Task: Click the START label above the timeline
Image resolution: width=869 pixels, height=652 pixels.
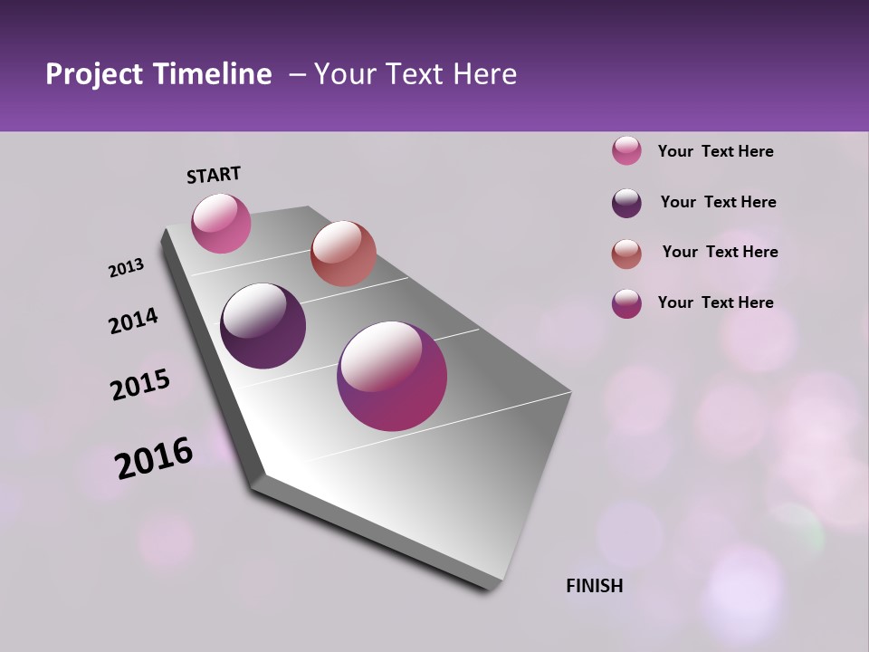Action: (214, 175)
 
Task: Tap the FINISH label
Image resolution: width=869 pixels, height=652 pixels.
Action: (594, 586)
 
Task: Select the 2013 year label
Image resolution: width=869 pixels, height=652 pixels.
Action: (126, 268)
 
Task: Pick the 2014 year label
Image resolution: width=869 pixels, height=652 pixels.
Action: (133, 321)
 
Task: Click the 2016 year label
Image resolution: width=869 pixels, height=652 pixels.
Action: (154, 458)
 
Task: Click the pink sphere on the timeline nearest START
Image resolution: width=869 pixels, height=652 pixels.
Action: (221, 223)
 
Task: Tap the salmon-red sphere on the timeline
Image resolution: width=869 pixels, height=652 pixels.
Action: (343, 254)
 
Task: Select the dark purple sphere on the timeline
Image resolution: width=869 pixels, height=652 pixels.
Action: (263, 326)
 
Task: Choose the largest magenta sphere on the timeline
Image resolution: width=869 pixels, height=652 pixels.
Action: (392, 376)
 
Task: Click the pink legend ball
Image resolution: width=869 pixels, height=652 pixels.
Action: (626, 150)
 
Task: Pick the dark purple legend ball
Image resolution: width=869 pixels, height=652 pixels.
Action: (626, 202)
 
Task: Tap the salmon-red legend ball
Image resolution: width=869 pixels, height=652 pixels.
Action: (626, 253)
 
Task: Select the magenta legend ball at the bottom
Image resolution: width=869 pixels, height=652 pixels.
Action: (626, 302)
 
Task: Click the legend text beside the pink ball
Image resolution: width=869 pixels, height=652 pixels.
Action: (715, 151)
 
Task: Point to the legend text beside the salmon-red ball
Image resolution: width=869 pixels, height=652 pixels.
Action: (720, 252)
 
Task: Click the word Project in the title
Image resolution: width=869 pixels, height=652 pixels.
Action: (94, 75)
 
